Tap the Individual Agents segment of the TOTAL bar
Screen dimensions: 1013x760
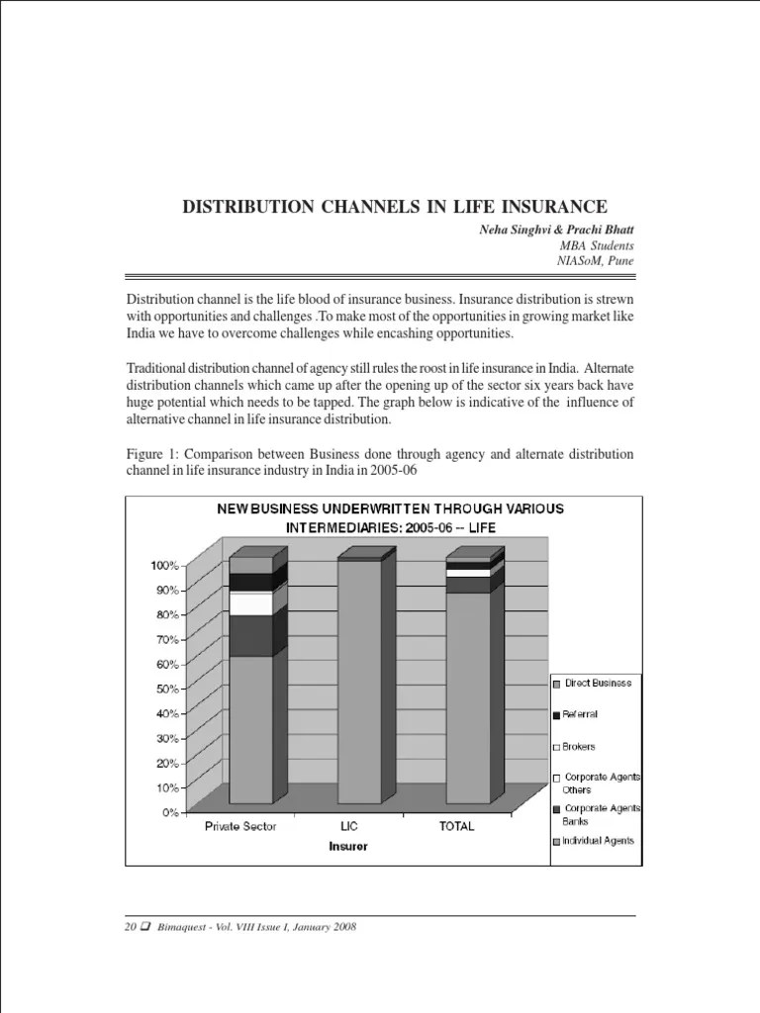pos(467,697)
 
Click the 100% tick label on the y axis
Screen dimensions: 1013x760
pos(163,565)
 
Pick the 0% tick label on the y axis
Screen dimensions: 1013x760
pos(168,812)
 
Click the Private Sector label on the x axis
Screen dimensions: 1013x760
pos(240,827)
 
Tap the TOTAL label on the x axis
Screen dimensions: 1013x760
pos(456,827)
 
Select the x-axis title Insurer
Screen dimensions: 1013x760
pos(348,847)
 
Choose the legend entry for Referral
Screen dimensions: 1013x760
pos(580,714)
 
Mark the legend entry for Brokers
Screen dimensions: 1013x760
pos(579,747)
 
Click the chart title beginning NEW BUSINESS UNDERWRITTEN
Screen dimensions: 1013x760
pos(390,517)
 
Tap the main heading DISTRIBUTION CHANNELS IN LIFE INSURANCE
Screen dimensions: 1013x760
pos(394,207)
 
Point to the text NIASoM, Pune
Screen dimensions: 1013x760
pos(596,261)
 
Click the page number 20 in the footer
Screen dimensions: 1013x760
pos(130,927)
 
